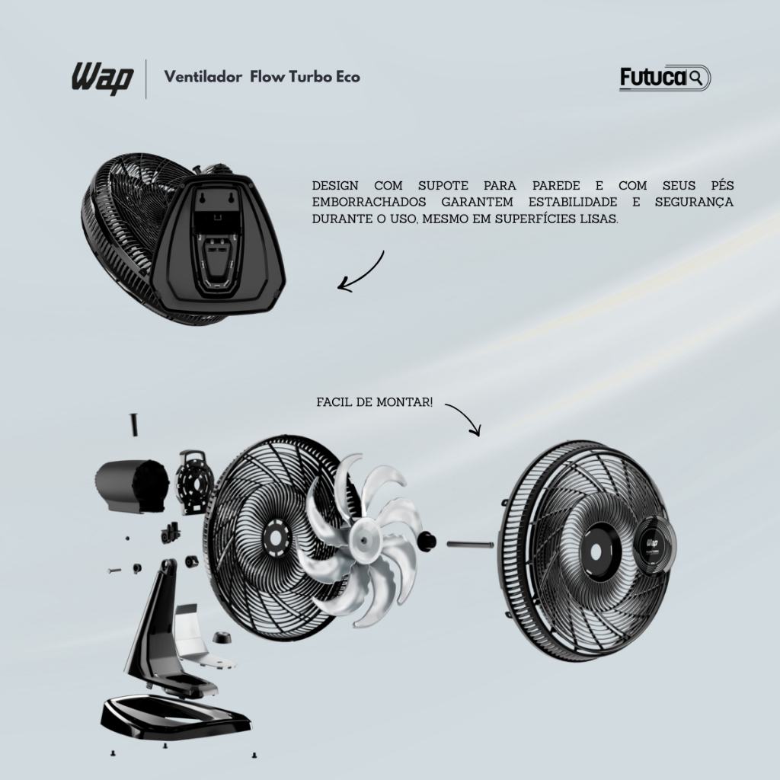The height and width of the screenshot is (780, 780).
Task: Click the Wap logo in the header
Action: coord(103,77)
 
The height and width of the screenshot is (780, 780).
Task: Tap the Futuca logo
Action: coord(654,78)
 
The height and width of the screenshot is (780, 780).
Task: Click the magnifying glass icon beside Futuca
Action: coord(698,76)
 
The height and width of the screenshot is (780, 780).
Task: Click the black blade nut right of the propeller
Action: coord(427,542)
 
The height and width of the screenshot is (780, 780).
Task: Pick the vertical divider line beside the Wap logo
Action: coord(145,78)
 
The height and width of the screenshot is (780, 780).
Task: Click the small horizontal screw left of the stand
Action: coord(116,570)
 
